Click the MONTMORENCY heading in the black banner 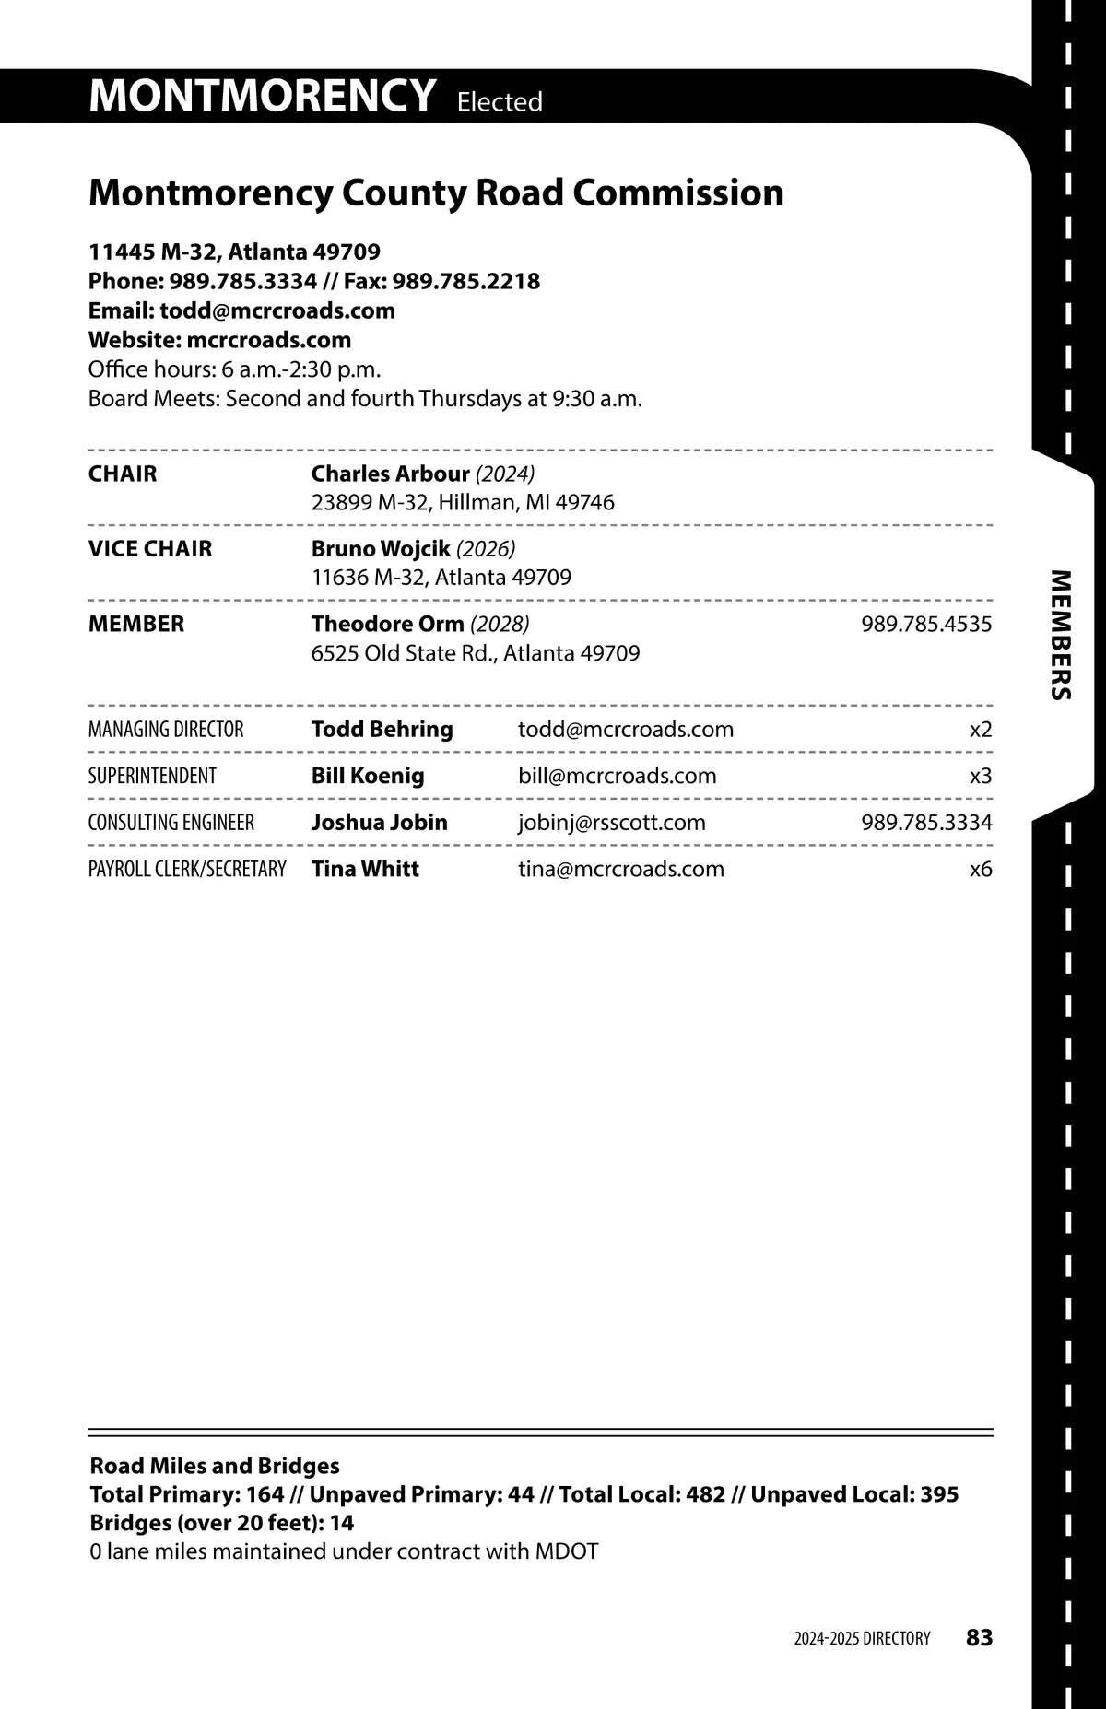pos(262,96)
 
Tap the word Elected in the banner pos(500,101)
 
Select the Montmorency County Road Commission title pos(436,193)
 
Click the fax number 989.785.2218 pos(466,281)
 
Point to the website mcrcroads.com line pos(219,340)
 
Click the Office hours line pos(234,369)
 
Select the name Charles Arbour pos(390,474)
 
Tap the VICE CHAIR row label pos(150,549)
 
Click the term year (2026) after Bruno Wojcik pos(486,549)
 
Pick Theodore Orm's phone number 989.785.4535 pos(926,625)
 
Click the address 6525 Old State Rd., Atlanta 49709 pos(476,653)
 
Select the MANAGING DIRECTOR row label pos(166,730)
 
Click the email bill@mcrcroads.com pos(617,776)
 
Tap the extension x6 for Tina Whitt pos(981,869)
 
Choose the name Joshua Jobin pos(379,823)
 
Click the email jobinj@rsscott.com pos(611,823)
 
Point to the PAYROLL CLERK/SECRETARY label pos(187,869)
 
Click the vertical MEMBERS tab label pos(1062,635)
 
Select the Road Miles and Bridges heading pos(215,1466)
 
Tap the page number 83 pos(979,1637)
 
